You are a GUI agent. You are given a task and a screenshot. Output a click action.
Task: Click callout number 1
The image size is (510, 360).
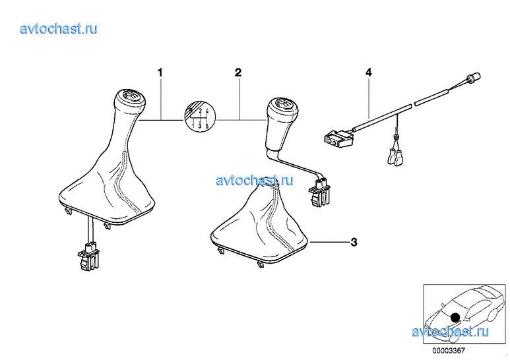coord(160,73)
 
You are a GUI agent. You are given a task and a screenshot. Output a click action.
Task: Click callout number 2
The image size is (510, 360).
coord(238,73)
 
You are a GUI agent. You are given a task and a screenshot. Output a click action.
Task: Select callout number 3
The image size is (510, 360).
coord(354,242)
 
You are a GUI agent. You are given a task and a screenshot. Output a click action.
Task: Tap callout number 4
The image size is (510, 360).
coord(369,73)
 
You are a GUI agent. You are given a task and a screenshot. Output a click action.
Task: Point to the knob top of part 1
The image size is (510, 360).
coord(130,97)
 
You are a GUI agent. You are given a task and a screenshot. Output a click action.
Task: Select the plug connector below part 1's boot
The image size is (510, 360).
coord(88,256)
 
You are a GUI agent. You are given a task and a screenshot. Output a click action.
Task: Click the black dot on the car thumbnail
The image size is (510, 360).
coord(455,316)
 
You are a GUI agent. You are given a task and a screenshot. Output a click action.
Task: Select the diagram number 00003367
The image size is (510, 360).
coord(449,351)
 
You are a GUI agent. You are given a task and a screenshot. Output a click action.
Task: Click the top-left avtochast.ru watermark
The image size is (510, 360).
coord(59,28)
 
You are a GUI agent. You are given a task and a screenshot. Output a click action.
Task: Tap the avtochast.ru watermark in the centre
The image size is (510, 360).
coord(255,180)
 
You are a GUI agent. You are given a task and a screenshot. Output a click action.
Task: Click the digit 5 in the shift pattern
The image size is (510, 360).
coord(207,125)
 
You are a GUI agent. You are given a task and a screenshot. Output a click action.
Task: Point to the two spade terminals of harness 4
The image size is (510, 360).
coord(395,157)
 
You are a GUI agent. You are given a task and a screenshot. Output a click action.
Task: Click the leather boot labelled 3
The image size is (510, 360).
coord(260,224)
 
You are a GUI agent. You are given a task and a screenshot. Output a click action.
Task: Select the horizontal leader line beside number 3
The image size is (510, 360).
coord(329,242)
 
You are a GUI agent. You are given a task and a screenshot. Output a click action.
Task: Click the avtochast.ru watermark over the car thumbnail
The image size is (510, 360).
coord(450,332)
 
